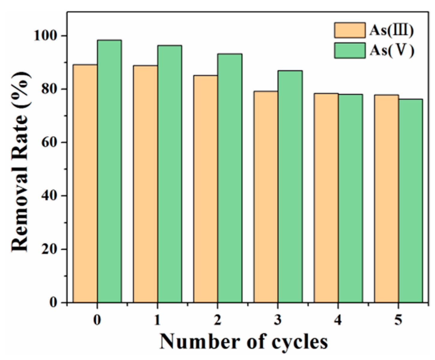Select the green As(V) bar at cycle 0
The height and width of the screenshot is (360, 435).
click(x=109, y=171)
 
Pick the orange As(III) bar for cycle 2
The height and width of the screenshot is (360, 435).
click(x=206, y=189)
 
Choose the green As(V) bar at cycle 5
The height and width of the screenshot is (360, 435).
click(x=410, y=201)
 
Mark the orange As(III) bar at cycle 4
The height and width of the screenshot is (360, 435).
click(x=326, y=198)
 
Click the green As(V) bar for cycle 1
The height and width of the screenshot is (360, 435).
click(x=170, y=174)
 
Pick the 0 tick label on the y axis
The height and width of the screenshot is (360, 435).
click(x=57, y=302)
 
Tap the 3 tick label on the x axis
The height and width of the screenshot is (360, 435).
click(x=278, y=320)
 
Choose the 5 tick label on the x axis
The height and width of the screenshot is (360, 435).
click(x=398, y=320)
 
